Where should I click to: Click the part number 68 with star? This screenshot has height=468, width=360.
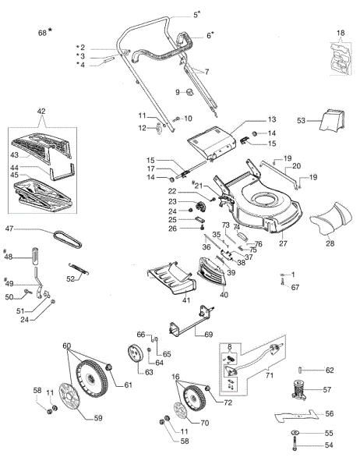click(44, 32)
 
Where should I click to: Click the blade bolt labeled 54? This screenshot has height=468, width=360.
click(297, 447)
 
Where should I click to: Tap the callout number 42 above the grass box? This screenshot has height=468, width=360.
click(42, 112)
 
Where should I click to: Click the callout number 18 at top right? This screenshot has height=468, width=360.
click(340, 32)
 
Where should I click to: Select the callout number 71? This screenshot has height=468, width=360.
click(270, 376)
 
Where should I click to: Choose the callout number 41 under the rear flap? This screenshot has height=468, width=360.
click(164, 300)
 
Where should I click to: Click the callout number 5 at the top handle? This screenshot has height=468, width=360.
click(196, 14)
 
